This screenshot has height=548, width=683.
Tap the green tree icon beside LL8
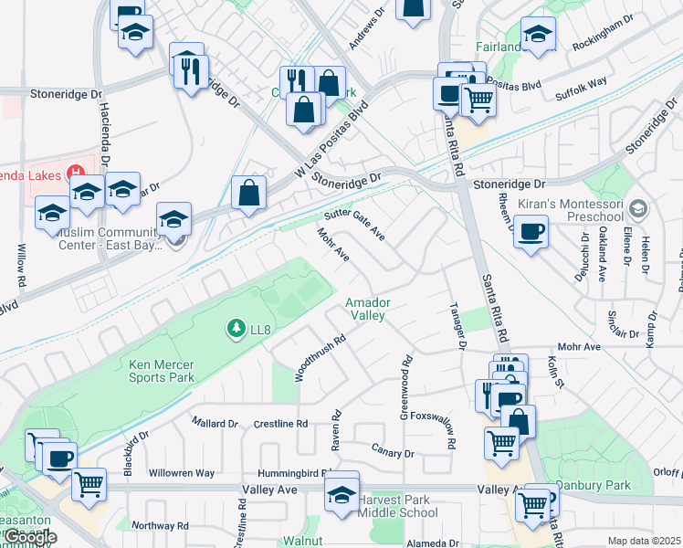(236, 326)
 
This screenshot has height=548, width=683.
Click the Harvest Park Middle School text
(398, 506)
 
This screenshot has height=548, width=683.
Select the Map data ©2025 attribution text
(644, 541)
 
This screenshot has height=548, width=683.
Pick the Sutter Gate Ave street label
(354, 223)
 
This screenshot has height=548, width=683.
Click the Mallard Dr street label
(215, 423)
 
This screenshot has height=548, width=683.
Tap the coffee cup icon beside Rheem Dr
(531, 232)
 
